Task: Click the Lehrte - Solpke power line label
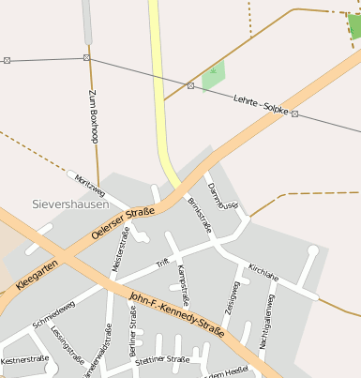coord(262,104)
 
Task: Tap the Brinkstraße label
coord(199,216)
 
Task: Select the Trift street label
coord(161,263)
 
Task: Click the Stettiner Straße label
coord(162,359)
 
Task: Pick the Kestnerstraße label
coord(24,359)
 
